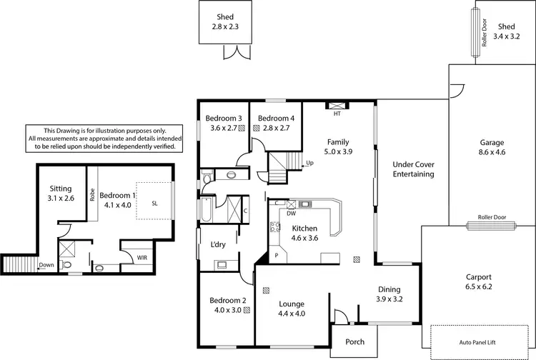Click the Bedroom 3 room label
[x=224, y=119]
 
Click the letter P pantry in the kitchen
[x=276, y=255]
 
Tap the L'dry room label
[x=217, y=244]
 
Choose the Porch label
[x=354, y=342]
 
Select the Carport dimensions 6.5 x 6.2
[x=479, y=287]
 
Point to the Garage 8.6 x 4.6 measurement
[x=491, y=152]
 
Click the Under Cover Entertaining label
[x=414, y=169]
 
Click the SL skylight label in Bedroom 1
[x=154, y=203]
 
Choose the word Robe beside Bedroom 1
[x=92, y=195]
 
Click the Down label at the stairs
[x=46, y=264]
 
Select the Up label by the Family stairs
[x=309, y=163]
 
